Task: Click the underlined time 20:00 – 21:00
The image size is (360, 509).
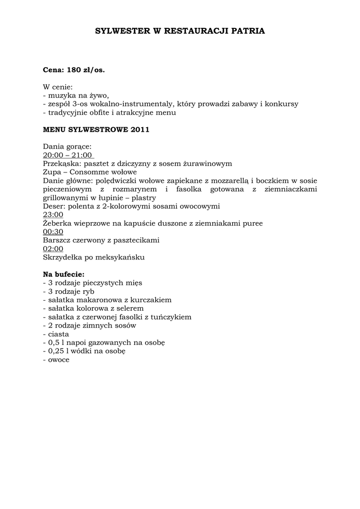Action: [68, 155]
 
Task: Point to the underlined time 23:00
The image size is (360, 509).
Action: [53, 215]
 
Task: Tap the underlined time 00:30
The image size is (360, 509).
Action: [53, 232]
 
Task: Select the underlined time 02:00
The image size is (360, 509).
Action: [53, 249]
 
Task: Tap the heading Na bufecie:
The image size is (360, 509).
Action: [64, 274]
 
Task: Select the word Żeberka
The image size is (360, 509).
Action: [58, 223]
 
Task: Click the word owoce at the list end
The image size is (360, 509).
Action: [59, 359]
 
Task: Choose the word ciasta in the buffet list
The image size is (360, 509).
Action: [59, 334]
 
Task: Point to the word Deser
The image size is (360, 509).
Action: [53, 206]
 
